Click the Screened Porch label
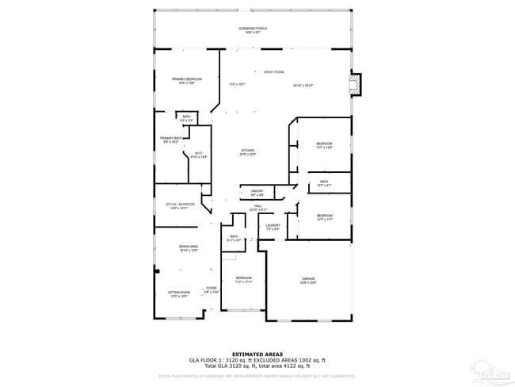[253, 29]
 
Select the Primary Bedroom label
[187, 79]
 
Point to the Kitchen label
[248, 151]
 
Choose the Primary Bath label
[172, 140]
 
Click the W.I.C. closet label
[199, 155]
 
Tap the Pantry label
[257, 192]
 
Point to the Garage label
[308, 279]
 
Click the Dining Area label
[188, 247]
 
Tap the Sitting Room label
[177, 293]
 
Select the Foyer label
[211, 289]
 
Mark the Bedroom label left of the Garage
[243, 278]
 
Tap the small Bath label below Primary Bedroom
[187, 117]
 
